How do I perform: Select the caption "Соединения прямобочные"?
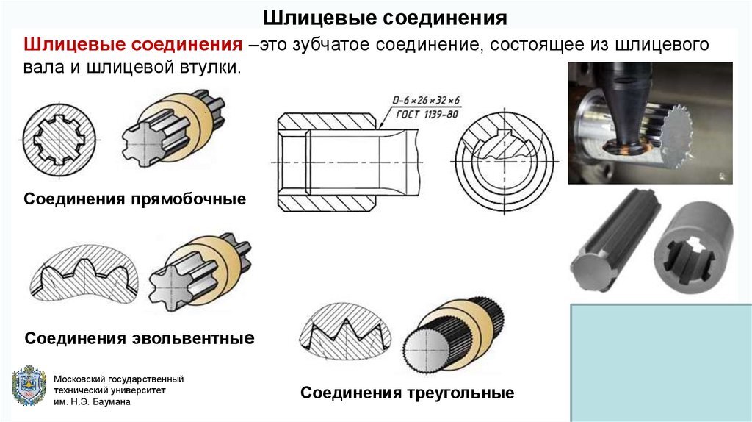tap(135, 199)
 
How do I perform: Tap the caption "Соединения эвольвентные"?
tap(140, 338)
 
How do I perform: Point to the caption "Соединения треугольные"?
tap(407, 393)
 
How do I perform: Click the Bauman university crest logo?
tap(29, 385)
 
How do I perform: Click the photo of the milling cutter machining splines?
tap(650, 122)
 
